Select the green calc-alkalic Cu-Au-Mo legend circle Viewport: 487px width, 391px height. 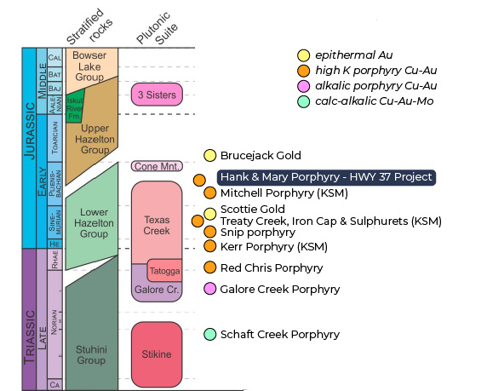303,101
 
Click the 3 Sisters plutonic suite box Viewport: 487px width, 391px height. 157,95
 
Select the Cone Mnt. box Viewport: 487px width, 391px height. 157,166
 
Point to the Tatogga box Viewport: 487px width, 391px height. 163,272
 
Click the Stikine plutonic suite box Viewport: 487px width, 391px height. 157,354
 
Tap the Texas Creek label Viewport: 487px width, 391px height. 158,225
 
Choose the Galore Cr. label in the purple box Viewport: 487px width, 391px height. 154,290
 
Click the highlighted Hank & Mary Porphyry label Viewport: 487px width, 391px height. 327,177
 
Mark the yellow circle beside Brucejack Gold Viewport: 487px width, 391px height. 209,155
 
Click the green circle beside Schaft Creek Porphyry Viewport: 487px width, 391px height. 209,333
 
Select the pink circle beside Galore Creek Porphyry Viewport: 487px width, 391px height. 209,289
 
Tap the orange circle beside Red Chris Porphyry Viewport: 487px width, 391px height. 209,267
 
